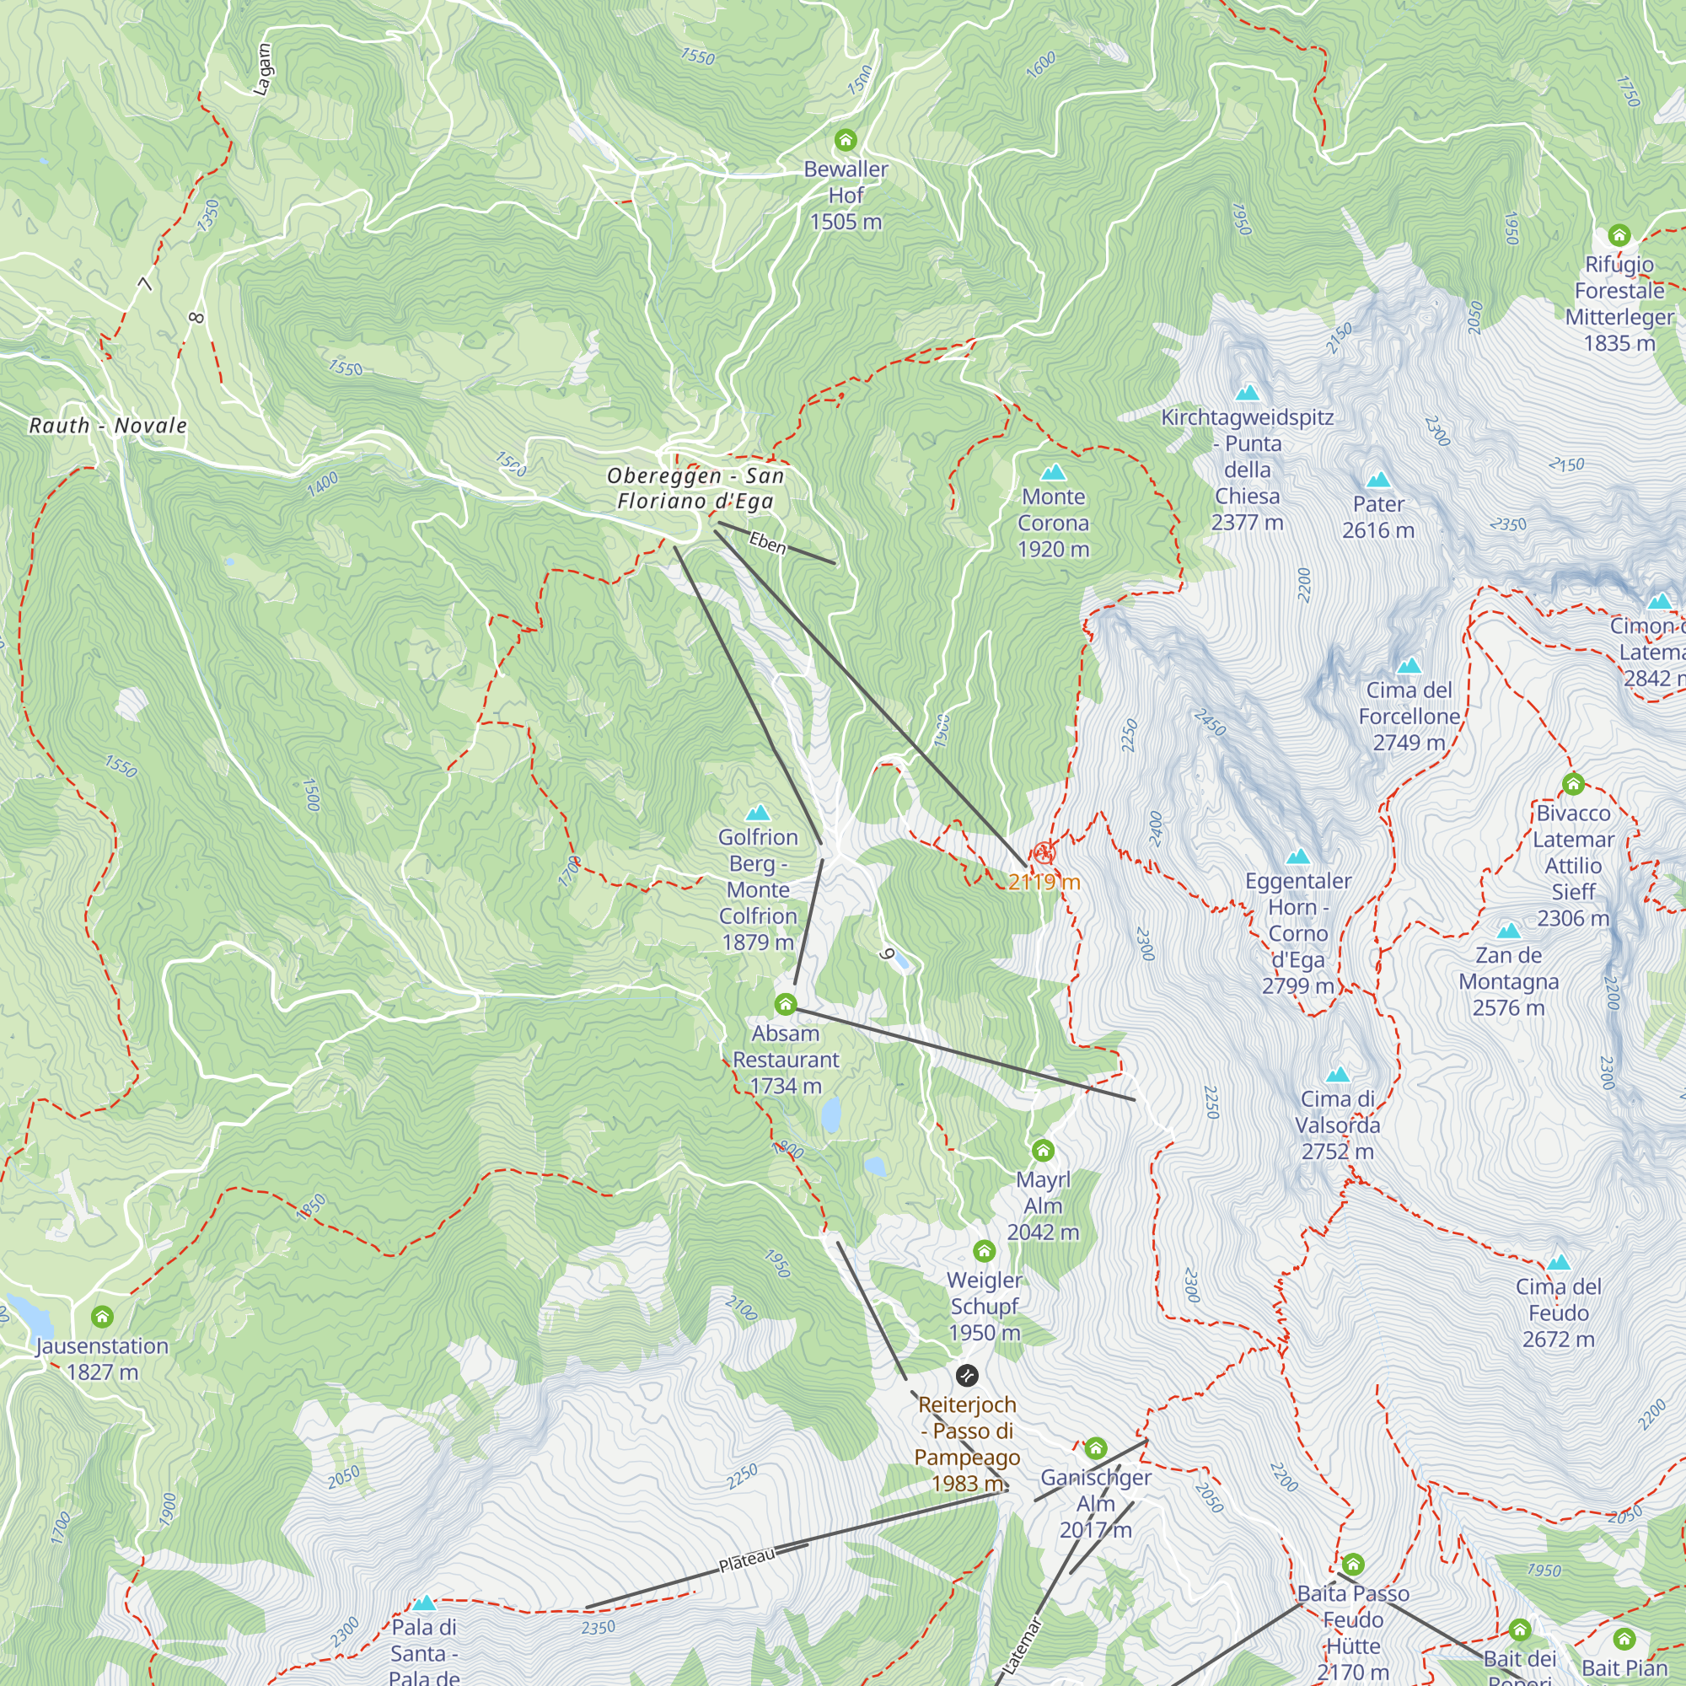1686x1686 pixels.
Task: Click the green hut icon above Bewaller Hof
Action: click(845, 140)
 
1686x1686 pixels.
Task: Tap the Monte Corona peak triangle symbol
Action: click(1053, 473)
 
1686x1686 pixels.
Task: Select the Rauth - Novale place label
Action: click(108, 426)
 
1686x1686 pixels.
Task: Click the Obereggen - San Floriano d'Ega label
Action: click(695, 488)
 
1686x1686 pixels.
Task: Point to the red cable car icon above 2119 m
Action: click(1044, 853)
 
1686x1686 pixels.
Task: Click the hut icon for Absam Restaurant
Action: click(786, 1005)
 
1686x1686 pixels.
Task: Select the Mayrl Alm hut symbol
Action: click(1043, 1150)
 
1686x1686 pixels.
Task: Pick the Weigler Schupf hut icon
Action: click(985, 1251)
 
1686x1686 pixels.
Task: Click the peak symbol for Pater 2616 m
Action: click(1378, 480)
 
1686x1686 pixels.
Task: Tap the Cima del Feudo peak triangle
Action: click(1559, 1263)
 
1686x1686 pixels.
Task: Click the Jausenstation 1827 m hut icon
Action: click(102, 1317)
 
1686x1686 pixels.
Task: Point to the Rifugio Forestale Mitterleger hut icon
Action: click(1619, 234)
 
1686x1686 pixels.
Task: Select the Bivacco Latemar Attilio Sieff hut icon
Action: click(1573, 784)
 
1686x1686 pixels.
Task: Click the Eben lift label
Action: click(768, 544)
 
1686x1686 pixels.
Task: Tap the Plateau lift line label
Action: click(747, 1560)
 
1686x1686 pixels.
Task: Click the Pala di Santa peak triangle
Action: click(424, 1603)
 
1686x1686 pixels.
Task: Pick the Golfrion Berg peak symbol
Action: click(758, 813)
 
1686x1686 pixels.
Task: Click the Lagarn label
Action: click(262, 70)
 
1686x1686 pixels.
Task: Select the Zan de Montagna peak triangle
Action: click(1509, 932)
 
